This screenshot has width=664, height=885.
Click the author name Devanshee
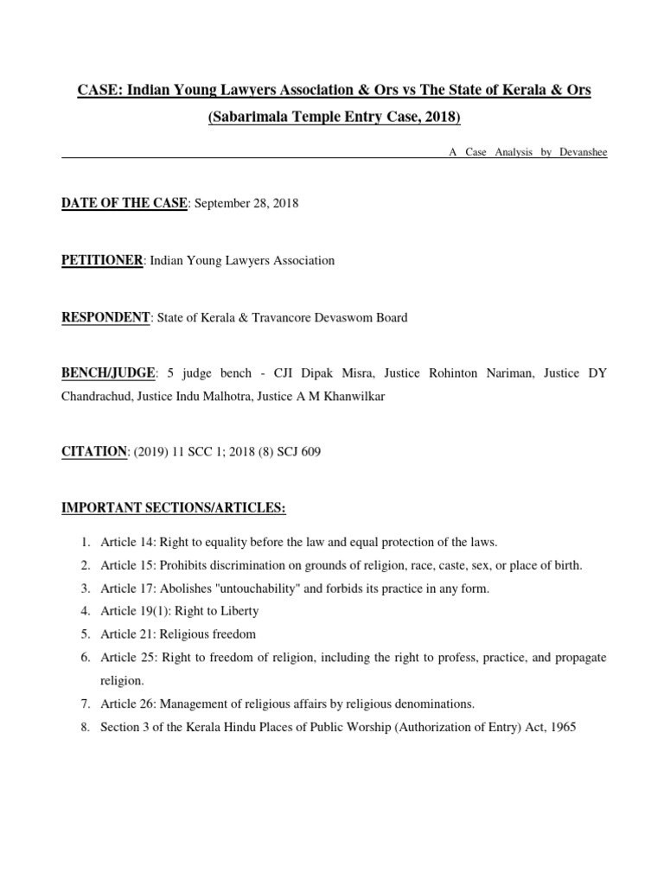(584, 152)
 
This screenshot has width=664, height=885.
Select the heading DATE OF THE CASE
(124, 203)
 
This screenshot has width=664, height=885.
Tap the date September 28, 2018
(246, 203)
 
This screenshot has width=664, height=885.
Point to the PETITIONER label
(102, 260)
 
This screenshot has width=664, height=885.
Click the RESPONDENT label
(105, 317)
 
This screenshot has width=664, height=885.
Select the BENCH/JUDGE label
(108, 373)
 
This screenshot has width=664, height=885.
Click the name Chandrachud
(96, 396)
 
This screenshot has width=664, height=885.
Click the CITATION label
(94, 452)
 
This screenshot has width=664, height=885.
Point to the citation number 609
(310, 452)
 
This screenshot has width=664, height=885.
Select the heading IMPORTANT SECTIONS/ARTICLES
(173, 508)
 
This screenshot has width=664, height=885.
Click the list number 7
(86, 704)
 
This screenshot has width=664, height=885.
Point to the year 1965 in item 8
(561, 727)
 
